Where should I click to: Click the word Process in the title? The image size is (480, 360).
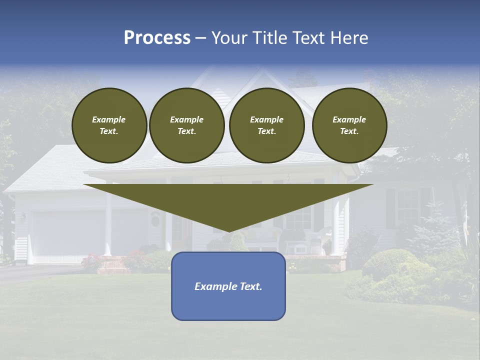tap(157, 38)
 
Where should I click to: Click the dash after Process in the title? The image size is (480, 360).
tap(200, 38)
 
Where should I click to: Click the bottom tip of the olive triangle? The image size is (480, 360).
tap(228, 230)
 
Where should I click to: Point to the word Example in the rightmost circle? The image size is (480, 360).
tap(349, 119)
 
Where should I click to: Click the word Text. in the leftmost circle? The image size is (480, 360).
tap(109, 131)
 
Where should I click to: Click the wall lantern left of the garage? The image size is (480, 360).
tap(23, 217)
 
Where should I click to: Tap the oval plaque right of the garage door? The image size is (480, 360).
tap(155, 220)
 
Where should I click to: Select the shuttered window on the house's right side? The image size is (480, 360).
tap(408, 207)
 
